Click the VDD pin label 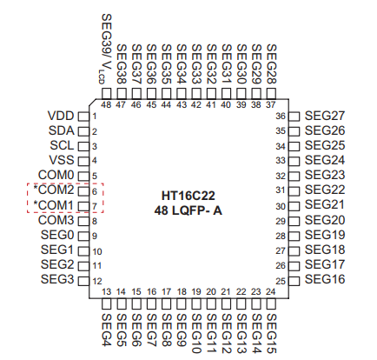(61, 116)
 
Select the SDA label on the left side (62, 130)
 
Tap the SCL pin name (62, 145)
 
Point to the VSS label (62, 160)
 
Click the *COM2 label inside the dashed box (54, 190)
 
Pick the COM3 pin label (56, 220)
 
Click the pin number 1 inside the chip (95, 117)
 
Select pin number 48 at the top (106, 104)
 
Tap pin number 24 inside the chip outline (270, 291)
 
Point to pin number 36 (281, 117)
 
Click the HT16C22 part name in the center (188, 196)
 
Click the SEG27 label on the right (325, 116)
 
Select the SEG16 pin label (325, 279)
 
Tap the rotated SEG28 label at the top (271, 64)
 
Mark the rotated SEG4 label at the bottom (106, 330)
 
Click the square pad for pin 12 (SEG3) (83, 281)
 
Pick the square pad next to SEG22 (294, 191)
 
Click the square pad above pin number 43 (182, 94)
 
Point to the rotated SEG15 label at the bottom (271, 334)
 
